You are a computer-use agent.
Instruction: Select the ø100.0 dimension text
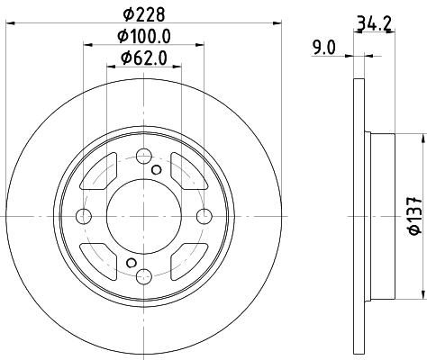[144, 36]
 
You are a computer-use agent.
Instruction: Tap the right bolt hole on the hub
[204, 215]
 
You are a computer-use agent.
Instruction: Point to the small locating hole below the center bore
[132, 261]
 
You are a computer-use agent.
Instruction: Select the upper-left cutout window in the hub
[97, 174]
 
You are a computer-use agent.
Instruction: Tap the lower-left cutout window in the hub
[98, 258]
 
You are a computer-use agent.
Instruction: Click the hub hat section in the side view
[381, 216]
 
